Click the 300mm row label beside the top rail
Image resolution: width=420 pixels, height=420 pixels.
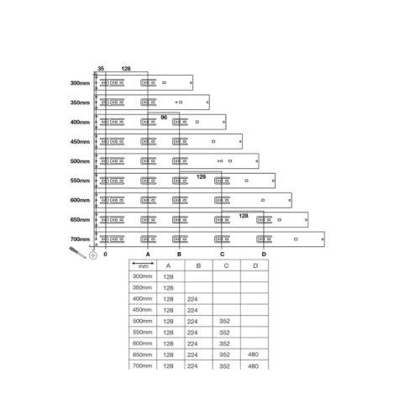80,83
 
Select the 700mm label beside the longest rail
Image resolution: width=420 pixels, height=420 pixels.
80,239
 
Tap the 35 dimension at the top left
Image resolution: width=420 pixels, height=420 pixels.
101,69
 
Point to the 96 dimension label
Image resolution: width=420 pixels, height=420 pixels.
164,117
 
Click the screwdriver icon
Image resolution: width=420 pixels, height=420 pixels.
77,252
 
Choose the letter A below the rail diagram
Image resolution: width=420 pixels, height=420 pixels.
148,255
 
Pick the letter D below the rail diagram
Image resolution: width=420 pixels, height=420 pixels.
264,255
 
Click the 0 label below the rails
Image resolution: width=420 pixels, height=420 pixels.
105,255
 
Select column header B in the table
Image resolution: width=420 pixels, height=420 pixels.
198,265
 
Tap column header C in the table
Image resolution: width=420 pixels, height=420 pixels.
226,265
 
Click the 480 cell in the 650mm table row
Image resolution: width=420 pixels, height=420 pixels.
253,354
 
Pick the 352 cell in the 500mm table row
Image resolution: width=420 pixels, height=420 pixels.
224,321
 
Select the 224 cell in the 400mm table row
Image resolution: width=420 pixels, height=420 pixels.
192,299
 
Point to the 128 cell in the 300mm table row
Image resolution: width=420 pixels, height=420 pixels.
168,277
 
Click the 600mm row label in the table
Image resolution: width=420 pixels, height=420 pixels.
142,344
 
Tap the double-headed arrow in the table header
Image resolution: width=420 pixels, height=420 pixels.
143,263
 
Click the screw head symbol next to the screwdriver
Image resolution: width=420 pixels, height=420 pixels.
93,255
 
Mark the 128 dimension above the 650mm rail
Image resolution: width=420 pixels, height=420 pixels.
244,216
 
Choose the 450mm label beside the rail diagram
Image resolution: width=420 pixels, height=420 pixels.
80,142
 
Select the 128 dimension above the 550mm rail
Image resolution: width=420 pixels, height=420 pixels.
201,176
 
